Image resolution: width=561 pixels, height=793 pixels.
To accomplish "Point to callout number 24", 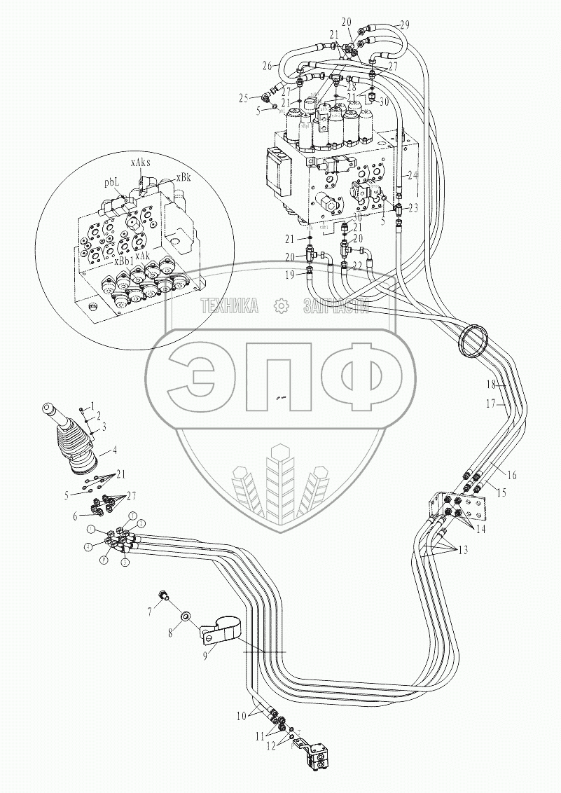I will coord(413,176).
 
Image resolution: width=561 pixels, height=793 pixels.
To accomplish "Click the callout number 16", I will coord(511,476).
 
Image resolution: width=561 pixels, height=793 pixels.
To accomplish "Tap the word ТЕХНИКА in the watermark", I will coord(230,305).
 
